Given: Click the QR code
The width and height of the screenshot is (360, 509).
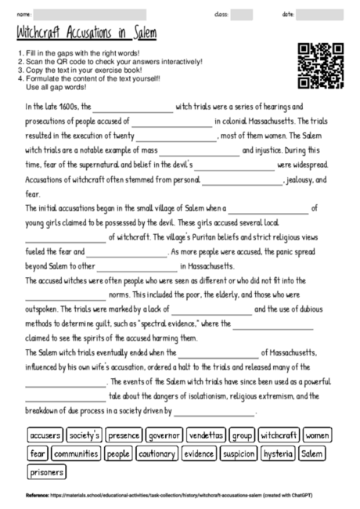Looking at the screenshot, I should [321, 66].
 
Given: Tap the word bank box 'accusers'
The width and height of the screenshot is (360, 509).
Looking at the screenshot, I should [45, 434].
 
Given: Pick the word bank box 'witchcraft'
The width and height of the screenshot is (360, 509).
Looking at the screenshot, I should [279, 434].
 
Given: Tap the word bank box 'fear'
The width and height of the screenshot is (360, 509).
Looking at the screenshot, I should [37, 453].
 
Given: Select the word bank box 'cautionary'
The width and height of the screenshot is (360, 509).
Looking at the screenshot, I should [157, 453].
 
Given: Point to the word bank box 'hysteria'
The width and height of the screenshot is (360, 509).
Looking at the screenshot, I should [278, 453].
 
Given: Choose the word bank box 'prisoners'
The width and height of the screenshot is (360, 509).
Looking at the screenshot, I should [47, 472].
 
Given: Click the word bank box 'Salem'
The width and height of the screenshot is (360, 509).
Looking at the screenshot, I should [313, 453].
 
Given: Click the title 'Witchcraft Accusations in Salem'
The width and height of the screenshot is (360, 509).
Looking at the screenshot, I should [86, 34].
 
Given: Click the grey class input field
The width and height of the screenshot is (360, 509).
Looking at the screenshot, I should [242, 14].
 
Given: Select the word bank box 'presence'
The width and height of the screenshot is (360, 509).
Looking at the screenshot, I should [124, 434].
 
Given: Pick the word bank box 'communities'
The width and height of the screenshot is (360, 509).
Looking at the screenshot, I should [76, 453].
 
